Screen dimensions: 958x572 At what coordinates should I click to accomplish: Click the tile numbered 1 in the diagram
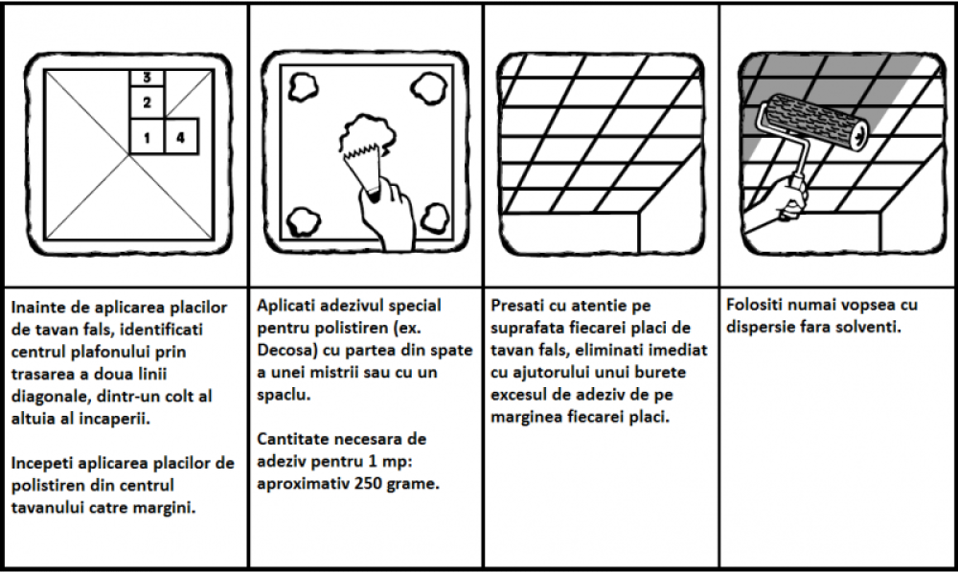pyautogui.click(x=147, y=136)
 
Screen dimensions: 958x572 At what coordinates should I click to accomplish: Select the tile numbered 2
pyautogui.click(x=147, y=102)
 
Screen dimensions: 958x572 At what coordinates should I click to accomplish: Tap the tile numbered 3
pyautogui.click(x=147, y=78)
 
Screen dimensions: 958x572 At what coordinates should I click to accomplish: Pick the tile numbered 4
pyautogui.click(x=181, y=136)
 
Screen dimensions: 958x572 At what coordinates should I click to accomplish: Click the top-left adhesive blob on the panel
pyautogui.click(x=303, y=87)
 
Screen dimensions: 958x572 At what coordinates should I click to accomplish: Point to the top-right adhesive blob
pyautogui.click(x=429, y=88)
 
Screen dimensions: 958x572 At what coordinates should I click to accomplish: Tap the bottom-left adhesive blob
pyautogui.click(x=303, y=221)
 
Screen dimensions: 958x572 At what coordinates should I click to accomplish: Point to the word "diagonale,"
pyautogui.click(x=51, y=397)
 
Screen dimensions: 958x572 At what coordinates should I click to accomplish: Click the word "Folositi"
pyautogui.click(x=755, y=305)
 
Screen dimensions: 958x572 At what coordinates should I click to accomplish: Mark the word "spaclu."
pyautogui.click(x=284, y=395)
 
